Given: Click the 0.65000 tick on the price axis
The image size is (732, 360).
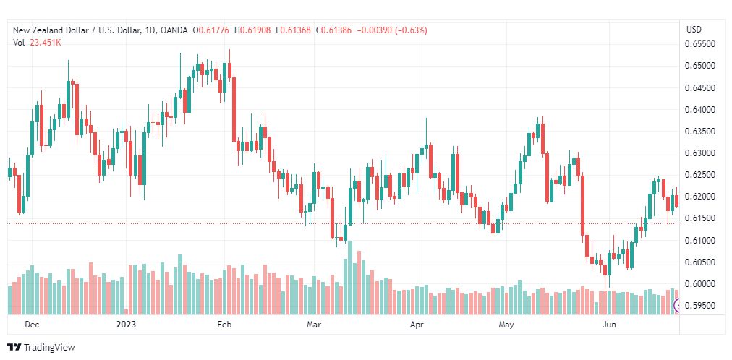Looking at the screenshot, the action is tap(699, 66).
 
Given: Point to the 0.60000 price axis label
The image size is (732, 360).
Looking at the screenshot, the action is tap(699, 284).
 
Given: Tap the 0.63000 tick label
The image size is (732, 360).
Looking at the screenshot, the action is tap(699, 153).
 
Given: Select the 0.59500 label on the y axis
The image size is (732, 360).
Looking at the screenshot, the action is tap(699, 306).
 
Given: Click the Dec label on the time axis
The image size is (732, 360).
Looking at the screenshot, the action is tap(32, 325).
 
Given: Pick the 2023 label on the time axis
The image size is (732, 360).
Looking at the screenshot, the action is tap(126, 325).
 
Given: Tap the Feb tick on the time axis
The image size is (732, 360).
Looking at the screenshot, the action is tap(224, 325).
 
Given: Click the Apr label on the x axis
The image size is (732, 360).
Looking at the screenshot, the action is tap(417, 325).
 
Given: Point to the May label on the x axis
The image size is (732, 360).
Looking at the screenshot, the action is tap(506, 325).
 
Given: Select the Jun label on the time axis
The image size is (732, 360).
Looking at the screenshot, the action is tap(609, 325).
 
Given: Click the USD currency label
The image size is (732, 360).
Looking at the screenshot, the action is tap(694, 30).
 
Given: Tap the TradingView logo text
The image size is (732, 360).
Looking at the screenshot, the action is tap(48, 348).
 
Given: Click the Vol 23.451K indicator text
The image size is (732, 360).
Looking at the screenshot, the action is tap(38, 43).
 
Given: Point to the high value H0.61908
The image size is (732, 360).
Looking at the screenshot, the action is tap(252, 30).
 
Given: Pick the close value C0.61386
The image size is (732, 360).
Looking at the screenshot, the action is tap(333, 30).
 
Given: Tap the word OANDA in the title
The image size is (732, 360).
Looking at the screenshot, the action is tap(174, 30).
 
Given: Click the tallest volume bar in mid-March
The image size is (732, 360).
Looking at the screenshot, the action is tap(350, 278).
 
